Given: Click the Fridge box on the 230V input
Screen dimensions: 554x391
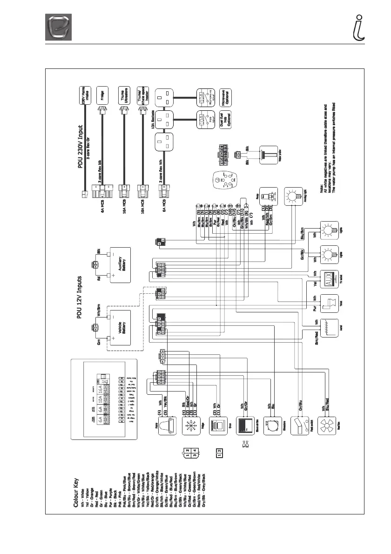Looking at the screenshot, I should (102, 98).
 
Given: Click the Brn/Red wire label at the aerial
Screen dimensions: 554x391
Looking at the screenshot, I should (317, 343).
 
